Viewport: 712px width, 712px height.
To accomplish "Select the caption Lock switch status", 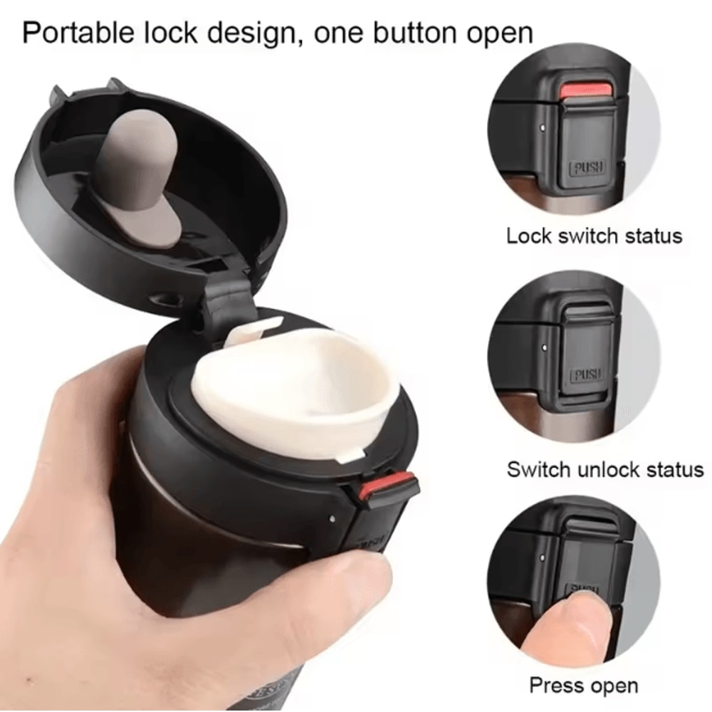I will pyautogui.click(x=594, y=236).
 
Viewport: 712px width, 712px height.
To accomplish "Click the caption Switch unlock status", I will pyautogui.click(x=604, y=469).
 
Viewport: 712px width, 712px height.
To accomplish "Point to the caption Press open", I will pyautogui.click(x=583, y=686).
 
